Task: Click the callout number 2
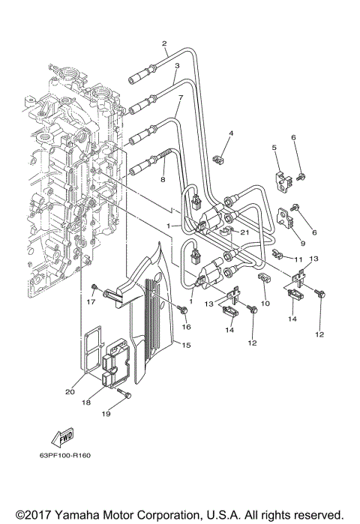tap(164, 44)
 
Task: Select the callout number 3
tap(176, 66)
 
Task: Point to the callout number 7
tap(180, 98)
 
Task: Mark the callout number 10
tap(265, 304)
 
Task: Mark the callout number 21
tap(244, 232)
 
